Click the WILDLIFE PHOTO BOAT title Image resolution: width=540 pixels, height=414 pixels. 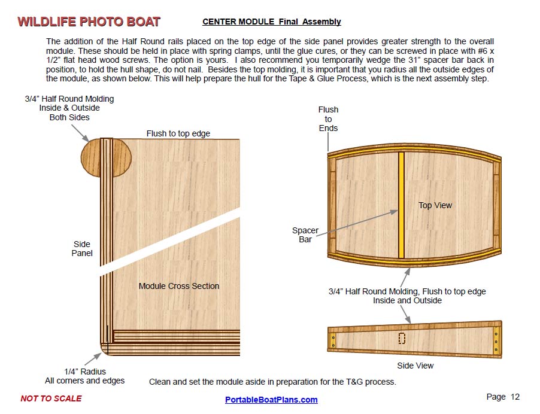pos(89,22)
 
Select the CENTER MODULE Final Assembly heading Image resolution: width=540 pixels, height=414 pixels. pos(271,22)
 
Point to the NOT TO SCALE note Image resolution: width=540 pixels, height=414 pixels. pos(51,398)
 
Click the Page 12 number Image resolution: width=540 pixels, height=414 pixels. pos(503,397)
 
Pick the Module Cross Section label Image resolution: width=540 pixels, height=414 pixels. pos(178,286)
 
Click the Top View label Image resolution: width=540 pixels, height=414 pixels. pos(435,205)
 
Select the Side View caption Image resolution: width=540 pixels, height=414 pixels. pos(415,366)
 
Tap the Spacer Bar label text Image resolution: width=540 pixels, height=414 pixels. pos(305,235)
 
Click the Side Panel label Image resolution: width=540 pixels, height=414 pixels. pos(82,248)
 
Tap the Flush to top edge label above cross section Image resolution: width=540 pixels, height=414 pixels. pos(178,133)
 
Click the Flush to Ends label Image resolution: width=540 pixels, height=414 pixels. pos(328,118)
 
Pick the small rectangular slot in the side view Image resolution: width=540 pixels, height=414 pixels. pos(402,338)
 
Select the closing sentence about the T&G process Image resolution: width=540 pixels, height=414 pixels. pos(272,382)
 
